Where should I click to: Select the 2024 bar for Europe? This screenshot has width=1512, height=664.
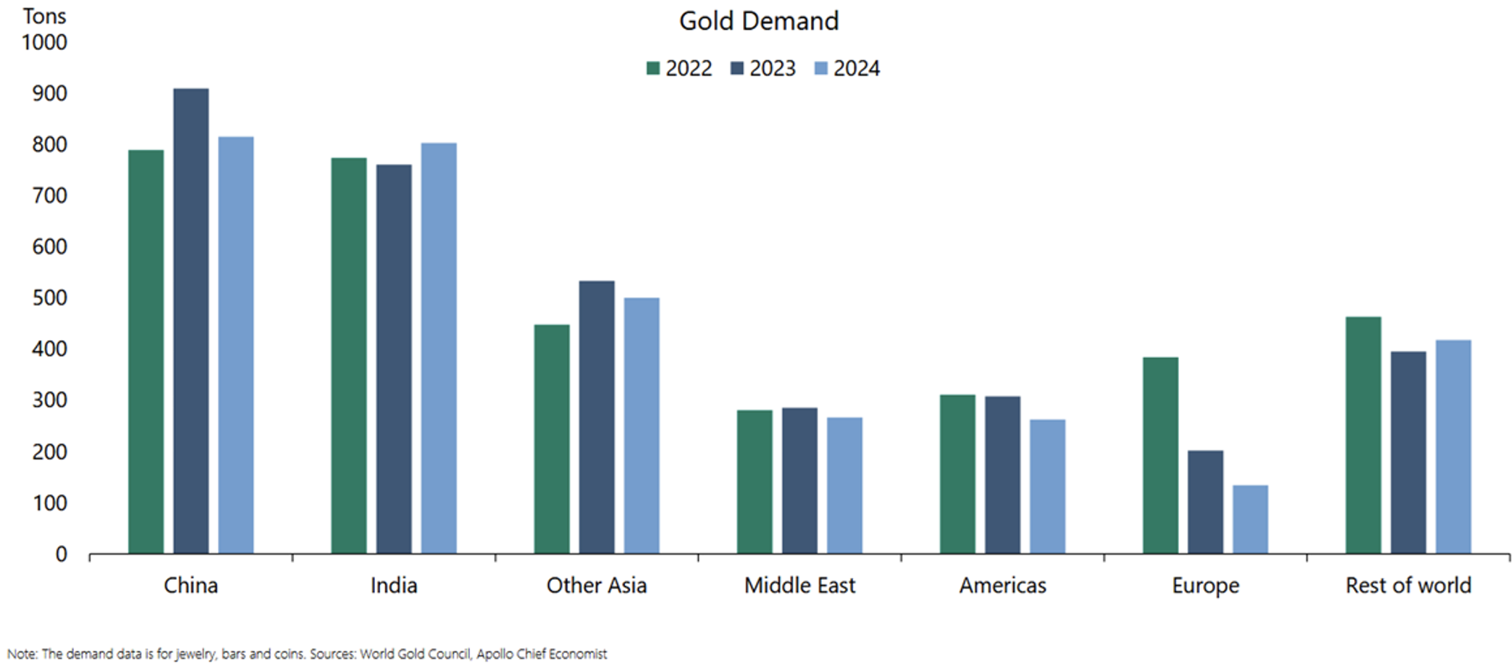pos(1250,520)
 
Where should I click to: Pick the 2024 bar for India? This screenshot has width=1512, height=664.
pos(439,349)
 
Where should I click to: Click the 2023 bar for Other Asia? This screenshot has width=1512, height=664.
pos(597,418)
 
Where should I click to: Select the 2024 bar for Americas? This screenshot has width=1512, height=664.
pos(1047,486)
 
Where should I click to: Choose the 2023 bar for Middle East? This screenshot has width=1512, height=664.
pos(799,481)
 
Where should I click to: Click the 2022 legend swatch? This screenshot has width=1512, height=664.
pos(652,69)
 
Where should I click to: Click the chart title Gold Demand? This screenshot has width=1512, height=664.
pos(758,21)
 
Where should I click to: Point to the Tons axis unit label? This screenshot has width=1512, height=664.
pos(44,16)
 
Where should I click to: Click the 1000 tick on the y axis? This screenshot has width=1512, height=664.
pos(44,43)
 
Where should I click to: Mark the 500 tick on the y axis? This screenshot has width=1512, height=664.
pos(49,298)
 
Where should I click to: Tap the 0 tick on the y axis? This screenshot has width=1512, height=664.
pos(61,555)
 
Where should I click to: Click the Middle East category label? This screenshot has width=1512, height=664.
pos(799,585)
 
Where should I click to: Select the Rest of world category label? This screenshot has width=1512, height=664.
pos(1408,585)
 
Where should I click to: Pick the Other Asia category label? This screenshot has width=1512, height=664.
pos(596,585)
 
